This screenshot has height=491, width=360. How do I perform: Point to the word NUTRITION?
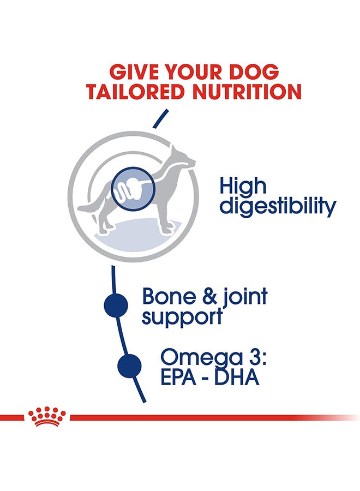pos(247,92)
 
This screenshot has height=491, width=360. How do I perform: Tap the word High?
pos(243,186)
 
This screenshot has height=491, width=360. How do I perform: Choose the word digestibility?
pos(278,206)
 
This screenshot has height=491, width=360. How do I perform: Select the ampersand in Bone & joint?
pos(209,297)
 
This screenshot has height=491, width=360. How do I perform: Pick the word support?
pos(182,317)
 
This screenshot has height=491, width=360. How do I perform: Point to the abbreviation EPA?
pos(179,378)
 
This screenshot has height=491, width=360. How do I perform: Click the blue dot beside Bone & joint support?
pos(116,306)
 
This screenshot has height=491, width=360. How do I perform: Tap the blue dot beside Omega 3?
pos(130,366)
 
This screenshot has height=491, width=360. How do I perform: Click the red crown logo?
pos(47,416)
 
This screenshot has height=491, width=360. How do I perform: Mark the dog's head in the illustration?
pos(183,158)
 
